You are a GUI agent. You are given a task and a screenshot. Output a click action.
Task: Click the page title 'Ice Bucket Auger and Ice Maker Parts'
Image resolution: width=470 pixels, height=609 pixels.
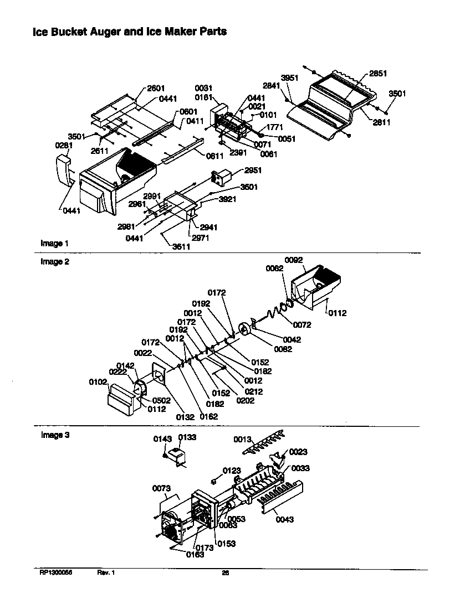[130, 32]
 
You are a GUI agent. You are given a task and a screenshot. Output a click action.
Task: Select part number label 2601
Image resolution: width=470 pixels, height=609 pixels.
[156, 88]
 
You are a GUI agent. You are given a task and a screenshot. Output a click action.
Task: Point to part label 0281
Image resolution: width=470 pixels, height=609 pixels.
[64, 146]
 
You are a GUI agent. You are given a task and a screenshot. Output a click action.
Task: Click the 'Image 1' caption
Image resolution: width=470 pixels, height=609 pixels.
[54, 243]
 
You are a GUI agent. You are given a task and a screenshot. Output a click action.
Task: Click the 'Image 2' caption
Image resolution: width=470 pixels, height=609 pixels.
[54, 262]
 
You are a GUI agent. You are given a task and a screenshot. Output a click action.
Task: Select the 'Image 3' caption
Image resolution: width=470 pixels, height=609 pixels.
[54, 435]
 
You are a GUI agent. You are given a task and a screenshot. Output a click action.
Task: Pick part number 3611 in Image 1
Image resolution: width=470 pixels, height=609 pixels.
[181, 247]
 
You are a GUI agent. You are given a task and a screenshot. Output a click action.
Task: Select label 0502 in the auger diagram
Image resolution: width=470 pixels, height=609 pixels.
[162, 400]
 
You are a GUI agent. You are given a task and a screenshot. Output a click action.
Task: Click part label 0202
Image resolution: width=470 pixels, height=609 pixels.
[246, 400]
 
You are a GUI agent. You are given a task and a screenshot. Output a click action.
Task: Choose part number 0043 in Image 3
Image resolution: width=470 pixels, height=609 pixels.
[284, 519]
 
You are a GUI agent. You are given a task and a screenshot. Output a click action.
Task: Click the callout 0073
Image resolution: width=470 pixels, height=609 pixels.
[161, 488]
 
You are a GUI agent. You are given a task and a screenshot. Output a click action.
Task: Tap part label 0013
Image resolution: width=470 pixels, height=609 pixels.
[242, 439]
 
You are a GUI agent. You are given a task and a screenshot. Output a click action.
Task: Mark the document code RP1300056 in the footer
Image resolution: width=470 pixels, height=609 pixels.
[56, 574]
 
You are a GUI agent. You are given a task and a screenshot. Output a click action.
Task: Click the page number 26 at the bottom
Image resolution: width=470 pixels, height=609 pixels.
[225, 574]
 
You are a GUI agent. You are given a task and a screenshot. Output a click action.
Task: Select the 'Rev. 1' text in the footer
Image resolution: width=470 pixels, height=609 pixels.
[106, 574]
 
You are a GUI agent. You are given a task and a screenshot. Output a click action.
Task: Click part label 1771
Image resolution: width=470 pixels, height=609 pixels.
[275, 127]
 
